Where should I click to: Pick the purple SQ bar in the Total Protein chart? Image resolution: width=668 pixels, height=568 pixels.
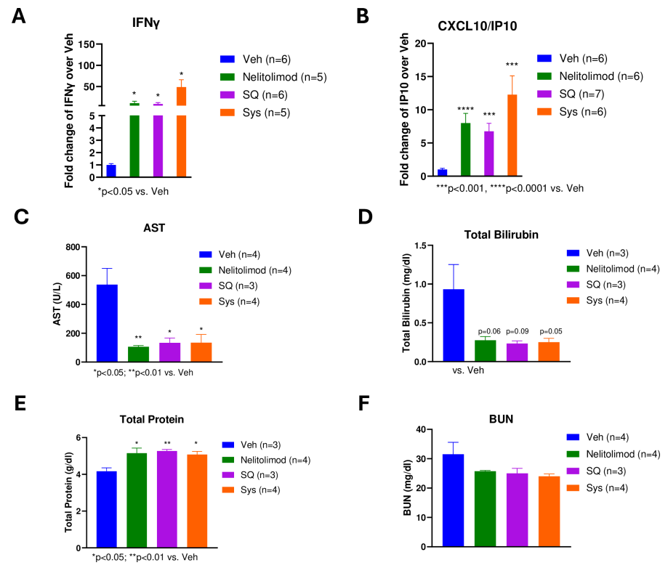[167, 500]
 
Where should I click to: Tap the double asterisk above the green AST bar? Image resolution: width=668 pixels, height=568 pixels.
[137, 338]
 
